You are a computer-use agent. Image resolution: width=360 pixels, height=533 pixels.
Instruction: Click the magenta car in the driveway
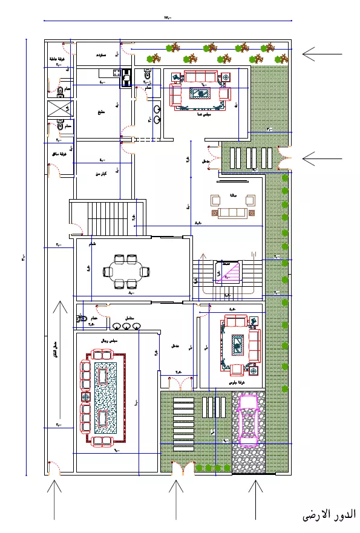pyautogui.click(x=249, y=417)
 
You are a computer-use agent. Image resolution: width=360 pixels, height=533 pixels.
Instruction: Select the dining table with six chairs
pyautogui.click(x=126, y=272)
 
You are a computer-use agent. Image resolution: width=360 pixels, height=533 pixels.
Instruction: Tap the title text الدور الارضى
pyautogui.click(x=329, y=515)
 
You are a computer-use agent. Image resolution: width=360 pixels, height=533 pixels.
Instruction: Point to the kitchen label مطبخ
pyautogui.click(x=101, y=113)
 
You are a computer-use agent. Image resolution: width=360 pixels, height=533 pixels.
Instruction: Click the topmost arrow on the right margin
pyautogui.click(x=322, y=54)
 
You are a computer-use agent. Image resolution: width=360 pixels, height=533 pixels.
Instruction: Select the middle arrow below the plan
pyautogui.click(x=176, y=499)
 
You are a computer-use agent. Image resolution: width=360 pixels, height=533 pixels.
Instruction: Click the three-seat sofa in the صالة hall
pyautogui.click(x=232, y=212)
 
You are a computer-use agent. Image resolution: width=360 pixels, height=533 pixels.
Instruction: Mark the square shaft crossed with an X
pyautogui.click(x=59, y=109)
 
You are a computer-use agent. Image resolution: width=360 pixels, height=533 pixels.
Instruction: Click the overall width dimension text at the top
pyautogui.click(x=168, y=18)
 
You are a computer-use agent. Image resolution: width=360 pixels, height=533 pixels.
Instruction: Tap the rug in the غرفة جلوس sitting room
pyautogui.click(x=238, y=344)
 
